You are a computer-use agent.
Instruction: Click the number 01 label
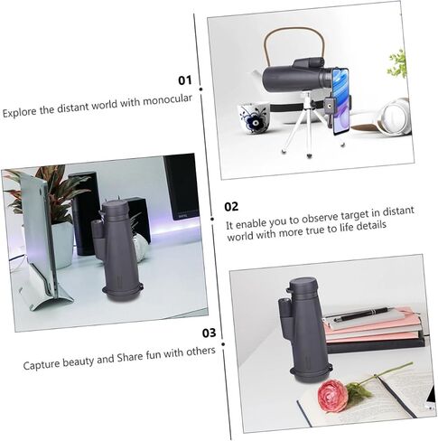point(185,80)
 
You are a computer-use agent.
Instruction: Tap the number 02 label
point(231,207)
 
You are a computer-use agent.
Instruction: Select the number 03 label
point(209,333)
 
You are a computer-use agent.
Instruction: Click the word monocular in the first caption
point(167,100)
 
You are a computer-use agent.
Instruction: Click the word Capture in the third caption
point(42,364)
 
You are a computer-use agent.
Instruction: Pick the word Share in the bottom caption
point(130,357)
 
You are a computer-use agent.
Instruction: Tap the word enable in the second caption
point(251,223)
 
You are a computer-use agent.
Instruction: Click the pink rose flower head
point(332,396)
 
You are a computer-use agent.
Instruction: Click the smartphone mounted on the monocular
point(341,101)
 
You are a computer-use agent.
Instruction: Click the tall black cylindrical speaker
point(85,213)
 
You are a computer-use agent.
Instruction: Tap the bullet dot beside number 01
point(200,89)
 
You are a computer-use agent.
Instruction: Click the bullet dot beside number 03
point(223,344)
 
